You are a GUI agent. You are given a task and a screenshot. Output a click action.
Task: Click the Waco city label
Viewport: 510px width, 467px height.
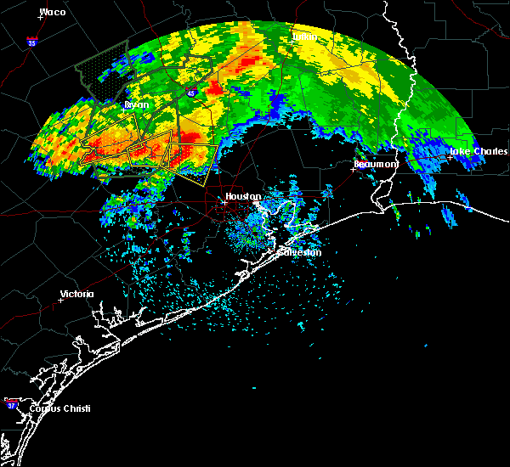[x=53, y=12]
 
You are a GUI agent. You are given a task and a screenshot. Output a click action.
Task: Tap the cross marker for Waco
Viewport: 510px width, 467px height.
[x=40, y=17]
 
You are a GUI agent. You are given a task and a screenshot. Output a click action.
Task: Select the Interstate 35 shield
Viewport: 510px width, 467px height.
[x=31, y=42]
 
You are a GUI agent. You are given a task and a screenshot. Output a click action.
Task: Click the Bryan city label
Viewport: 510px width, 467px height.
[x=136, y=105]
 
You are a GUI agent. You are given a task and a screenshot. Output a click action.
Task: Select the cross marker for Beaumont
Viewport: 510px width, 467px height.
[x=354, y=169]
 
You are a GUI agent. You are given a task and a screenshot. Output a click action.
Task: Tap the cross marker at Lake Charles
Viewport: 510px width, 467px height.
[x=450, y=157]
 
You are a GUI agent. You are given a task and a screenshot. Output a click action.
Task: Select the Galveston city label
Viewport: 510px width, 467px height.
[x=302, y=252]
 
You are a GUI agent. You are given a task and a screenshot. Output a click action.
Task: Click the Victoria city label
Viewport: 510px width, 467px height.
[x=77, y=295]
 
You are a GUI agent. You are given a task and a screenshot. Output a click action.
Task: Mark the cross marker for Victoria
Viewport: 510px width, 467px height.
[x=61, y=300]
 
